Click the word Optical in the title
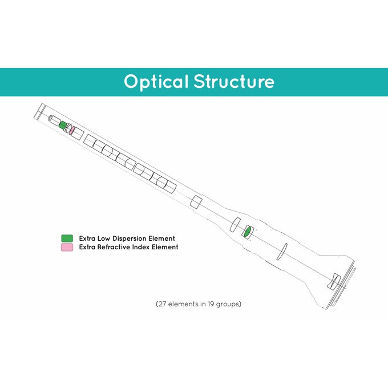[155, 82]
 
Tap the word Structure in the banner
[234, 82]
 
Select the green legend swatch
[67, 239]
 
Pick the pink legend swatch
[67, 247]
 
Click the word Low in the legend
[104, 239]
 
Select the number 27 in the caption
[162, 304]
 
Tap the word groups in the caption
[228, 304]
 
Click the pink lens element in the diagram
[71, 131]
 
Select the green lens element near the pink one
[63, 125]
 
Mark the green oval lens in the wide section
[247, 232]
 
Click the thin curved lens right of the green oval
[282, 252]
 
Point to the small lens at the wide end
[334, 281]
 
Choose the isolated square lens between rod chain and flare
[196, 202]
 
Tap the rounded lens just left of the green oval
[235, 225]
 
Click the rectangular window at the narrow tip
[39, 111]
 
